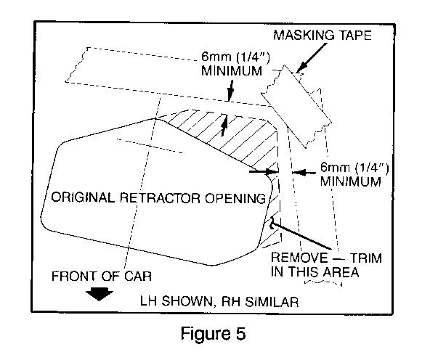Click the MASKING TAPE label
322,36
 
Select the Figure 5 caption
213,334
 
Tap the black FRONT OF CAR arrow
99,294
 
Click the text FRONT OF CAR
102,276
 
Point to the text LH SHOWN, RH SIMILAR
219,301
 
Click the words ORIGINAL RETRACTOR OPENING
158,197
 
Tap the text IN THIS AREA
315,271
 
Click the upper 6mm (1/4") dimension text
235,57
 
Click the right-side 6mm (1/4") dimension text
354,168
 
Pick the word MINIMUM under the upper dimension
232,70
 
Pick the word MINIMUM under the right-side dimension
351,181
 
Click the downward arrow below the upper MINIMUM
231,91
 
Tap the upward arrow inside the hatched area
224,125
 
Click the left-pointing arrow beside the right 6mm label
304,172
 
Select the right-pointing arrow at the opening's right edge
264,172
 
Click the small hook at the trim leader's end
272,223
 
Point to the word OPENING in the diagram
235,198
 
